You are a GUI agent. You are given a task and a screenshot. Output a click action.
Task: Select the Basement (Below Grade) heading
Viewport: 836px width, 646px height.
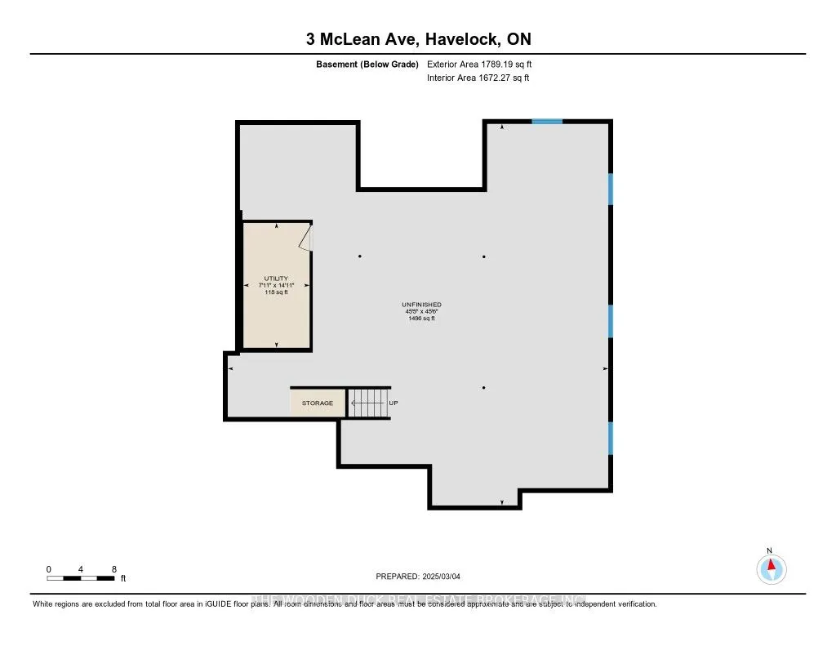click(367, 64)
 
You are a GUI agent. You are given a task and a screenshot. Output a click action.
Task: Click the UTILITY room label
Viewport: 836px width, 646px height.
click(276, 278)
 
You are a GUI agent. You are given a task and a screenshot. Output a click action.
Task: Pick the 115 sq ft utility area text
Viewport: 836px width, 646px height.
click(276, 292)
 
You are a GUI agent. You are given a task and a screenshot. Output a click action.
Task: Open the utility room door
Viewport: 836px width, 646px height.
click(305, 238)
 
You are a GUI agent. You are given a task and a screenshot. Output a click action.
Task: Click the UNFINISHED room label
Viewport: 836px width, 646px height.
click(422, 305)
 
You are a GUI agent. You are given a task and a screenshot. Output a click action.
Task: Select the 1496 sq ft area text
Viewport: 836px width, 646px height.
click(422, 319)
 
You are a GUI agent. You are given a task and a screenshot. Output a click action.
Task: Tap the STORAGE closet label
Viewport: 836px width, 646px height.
click(318, 403)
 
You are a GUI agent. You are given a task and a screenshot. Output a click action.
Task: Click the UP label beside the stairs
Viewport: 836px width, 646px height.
click(393, 403)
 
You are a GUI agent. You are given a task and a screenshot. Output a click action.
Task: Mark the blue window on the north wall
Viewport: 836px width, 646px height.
click(547, 122)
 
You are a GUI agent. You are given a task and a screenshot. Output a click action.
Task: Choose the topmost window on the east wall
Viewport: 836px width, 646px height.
click(610, 189)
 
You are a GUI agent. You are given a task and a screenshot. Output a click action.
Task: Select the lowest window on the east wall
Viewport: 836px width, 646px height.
click(610, 438)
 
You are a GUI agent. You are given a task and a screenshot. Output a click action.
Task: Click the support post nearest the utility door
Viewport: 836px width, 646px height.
click(360, 256)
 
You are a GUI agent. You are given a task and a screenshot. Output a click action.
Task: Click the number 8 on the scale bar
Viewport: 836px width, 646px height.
click(114, 568)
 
